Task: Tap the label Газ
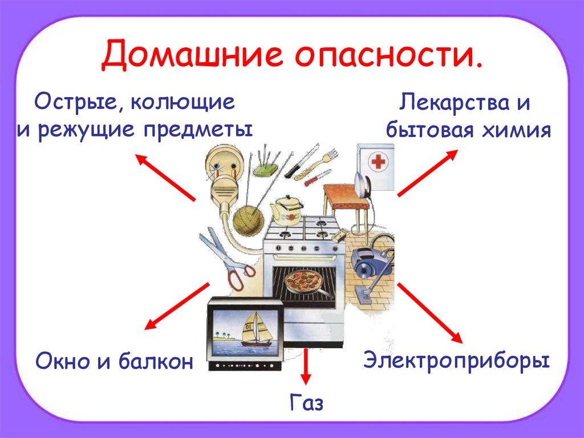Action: coord(306,403)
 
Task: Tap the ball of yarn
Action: coord(246,219)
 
